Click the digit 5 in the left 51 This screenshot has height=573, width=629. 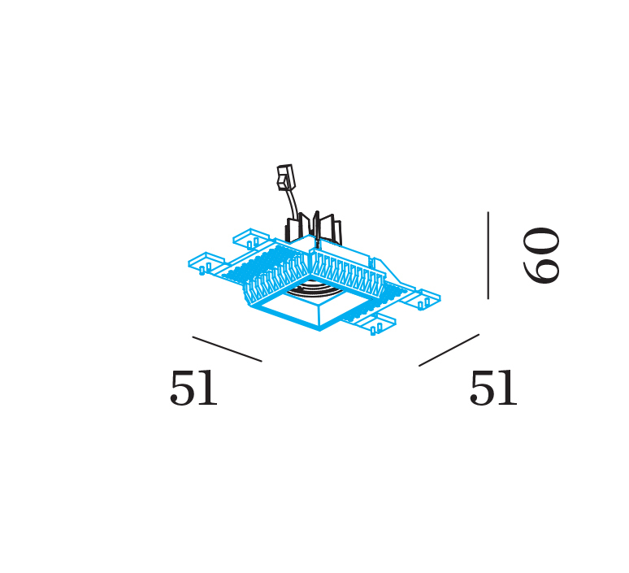(x=181, y=387)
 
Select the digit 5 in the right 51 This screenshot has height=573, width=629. (x=481, y=387)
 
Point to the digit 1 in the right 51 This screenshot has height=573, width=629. (x=507, y=387)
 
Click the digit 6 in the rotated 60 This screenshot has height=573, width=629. (x=541, y=270)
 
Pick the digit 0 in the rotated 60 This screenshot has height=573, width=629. (x=541, y=241)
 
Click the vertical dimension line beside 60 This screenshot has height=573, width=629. (x=488, y=255)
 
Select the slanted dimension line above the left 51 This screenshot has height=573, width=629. (x=227, y=349)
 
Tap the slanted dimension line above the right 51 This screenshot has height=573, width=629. (x=449, y=350)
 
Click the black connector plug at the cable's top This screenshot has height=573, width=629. (x=285, y=177)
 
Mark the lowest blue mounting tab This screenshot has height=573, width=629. (x=377, y=323)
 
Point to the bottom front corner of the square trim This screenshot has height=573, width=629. (x=319, y=330)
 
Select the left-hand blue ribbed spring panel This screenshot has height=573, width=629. (x=277, y=278)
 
